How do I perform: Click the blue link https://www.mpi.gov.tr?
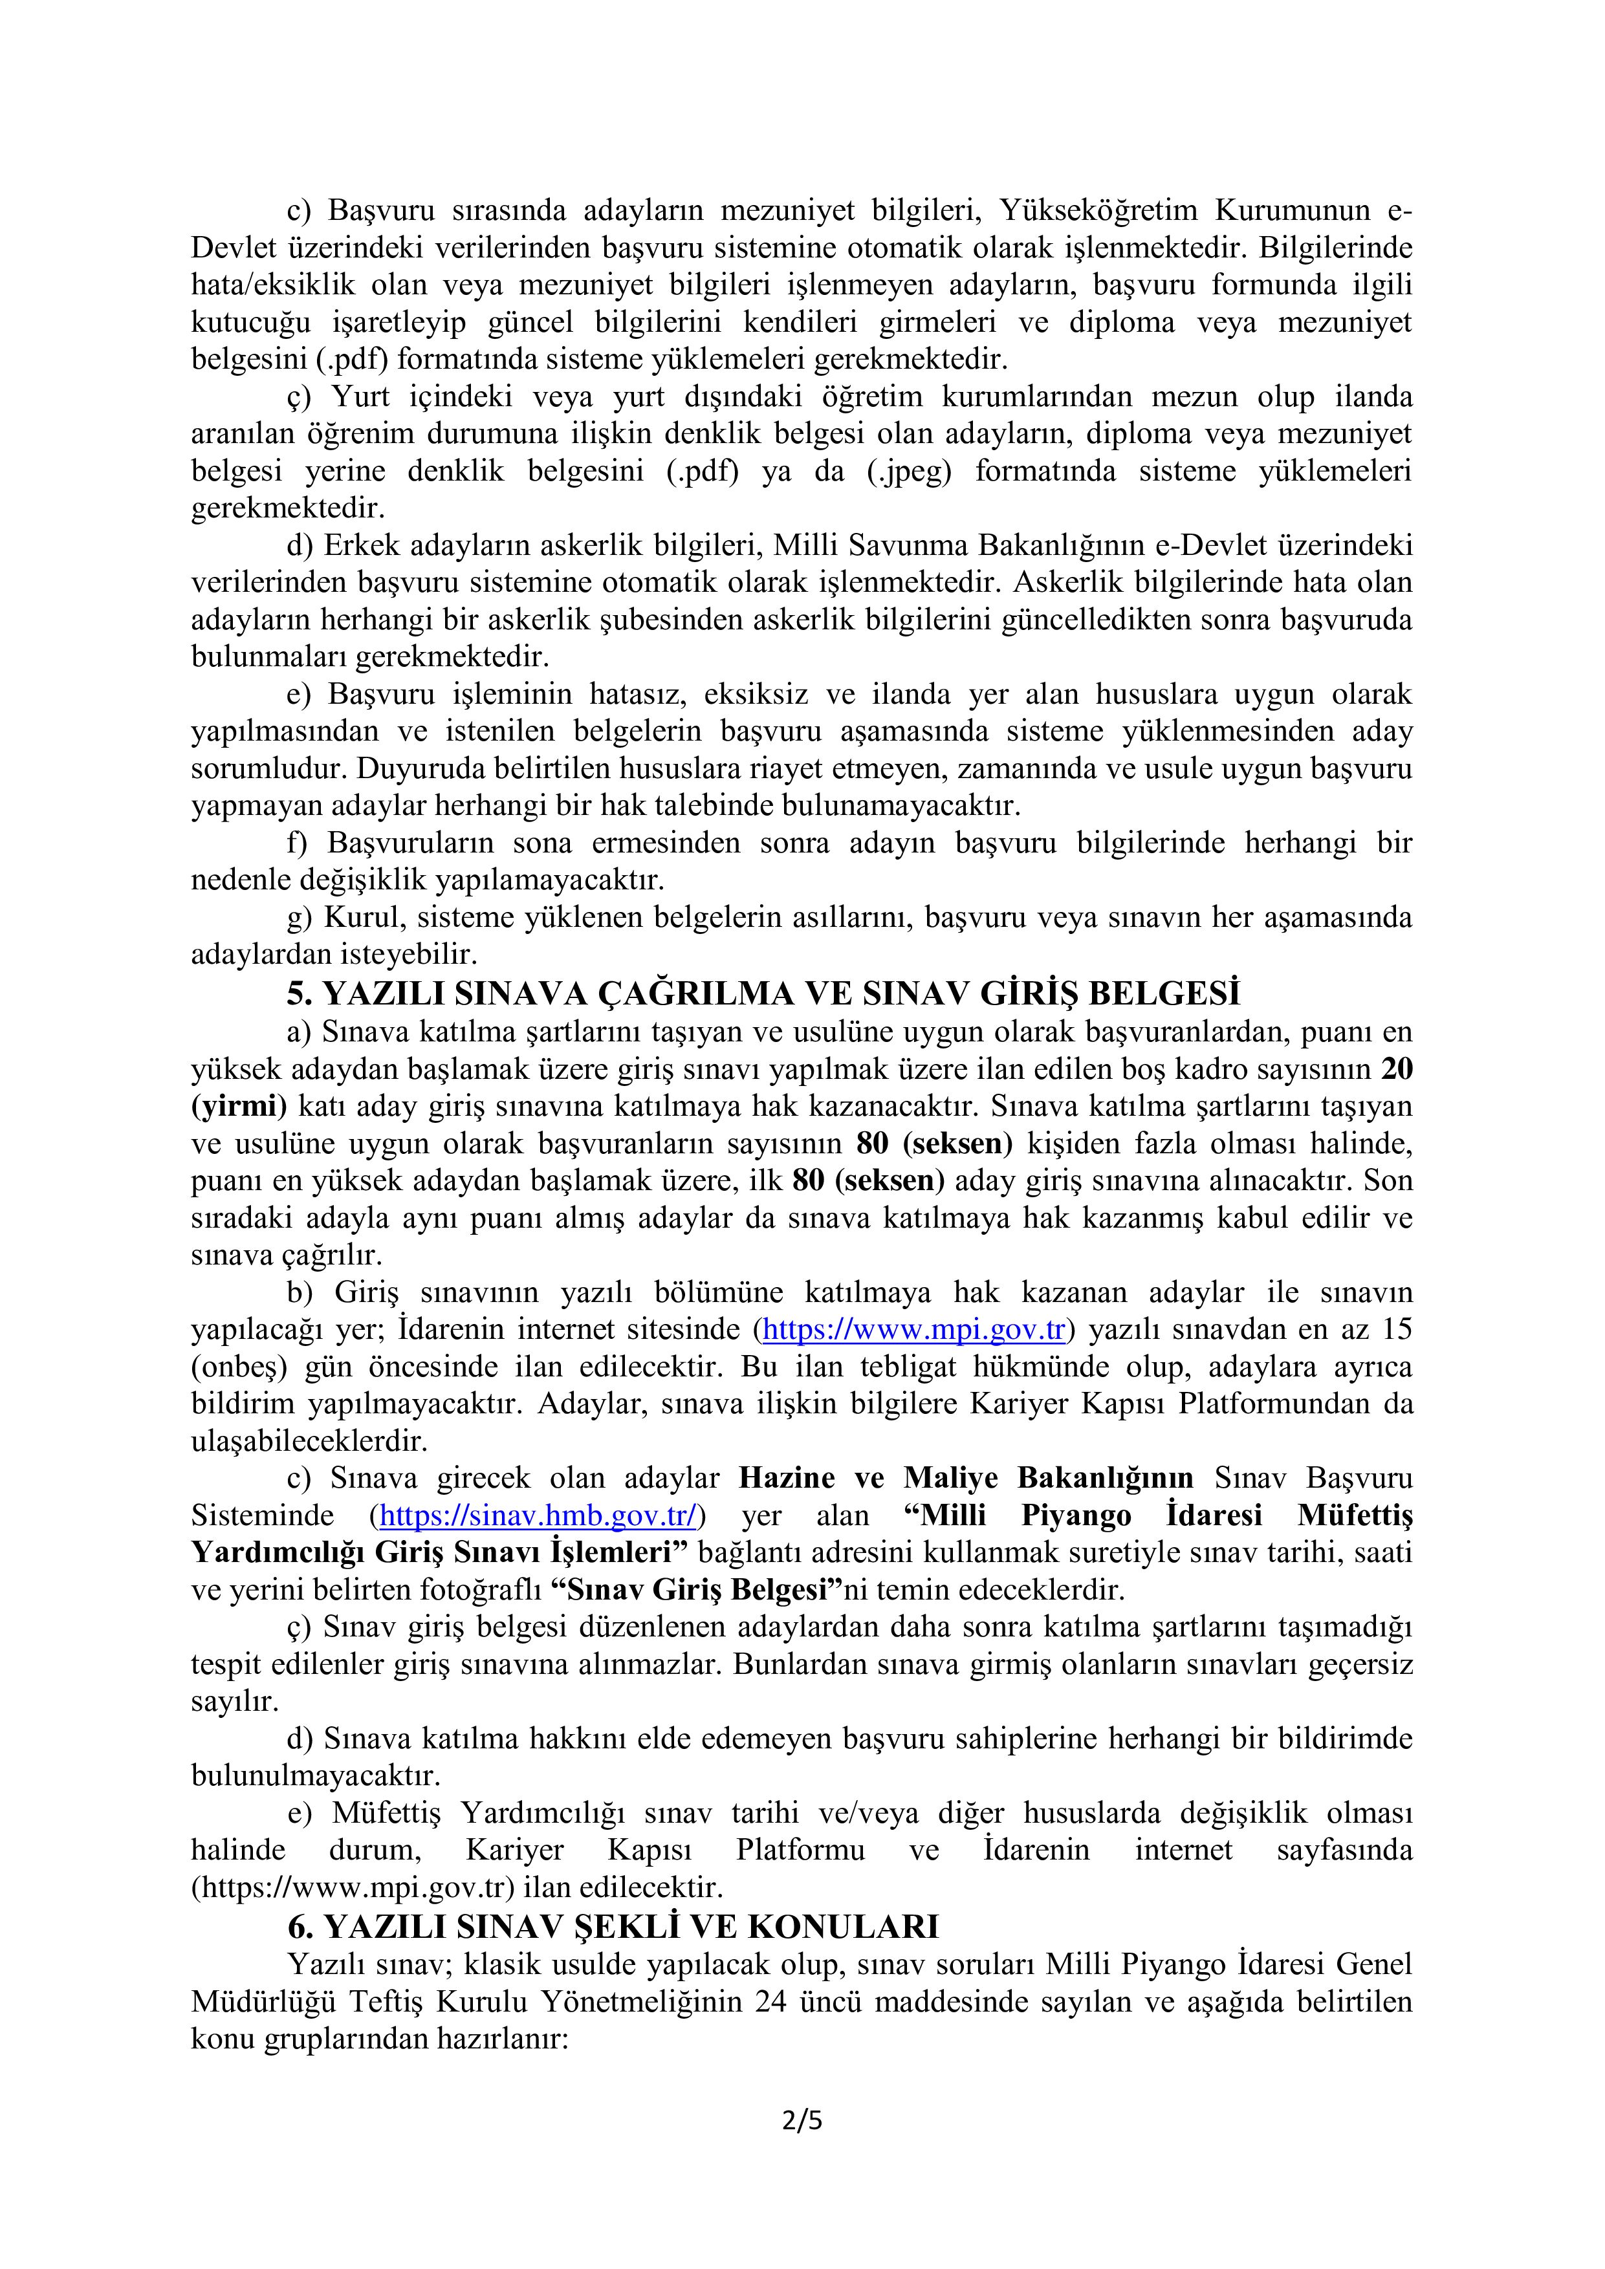(913, 1330)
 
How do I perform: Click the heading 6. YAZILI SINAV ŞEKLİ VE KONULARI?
(613, 1926)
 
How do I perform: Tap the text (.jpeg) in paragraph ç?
(908, 472)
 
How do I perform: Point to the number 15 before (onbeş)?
(1397, 1330)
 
